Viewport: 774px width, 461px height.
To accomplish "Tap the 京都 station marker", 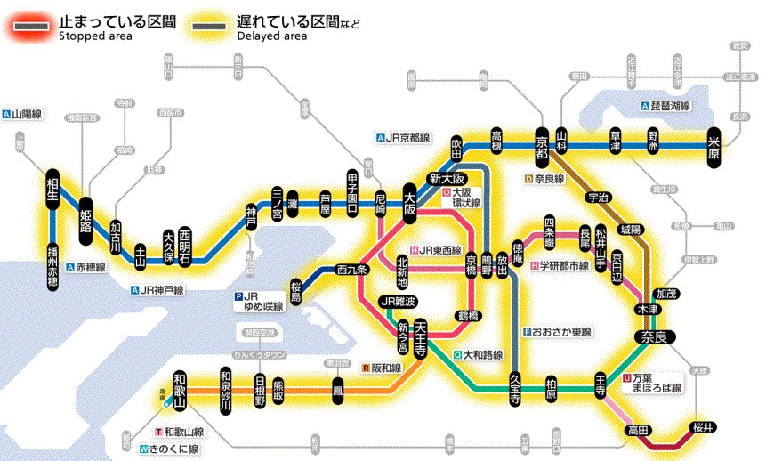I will (x=542, y=146).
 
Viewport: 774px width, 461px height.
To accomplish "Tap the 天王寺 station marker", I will (x=421, y=337).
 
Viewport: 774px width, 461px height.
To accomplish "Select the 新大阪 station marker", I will (x=447, y=177).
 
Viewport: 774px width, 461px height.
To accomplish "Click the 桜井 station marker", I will (x=703, y=429).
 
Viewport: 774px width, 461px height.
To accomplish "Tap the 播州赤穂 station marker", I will (x=52, y=266).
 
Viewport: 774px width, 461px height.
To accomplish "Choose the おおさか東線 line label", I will (x=558, y=332).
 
